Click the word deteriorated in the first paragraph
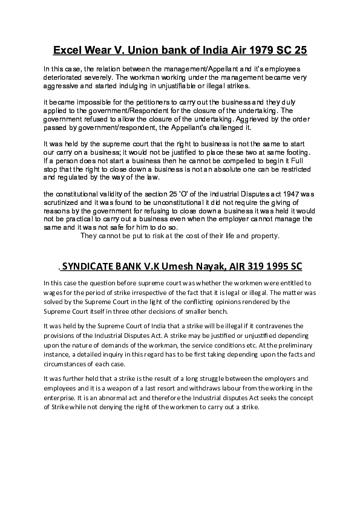[x=63, y=78]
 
